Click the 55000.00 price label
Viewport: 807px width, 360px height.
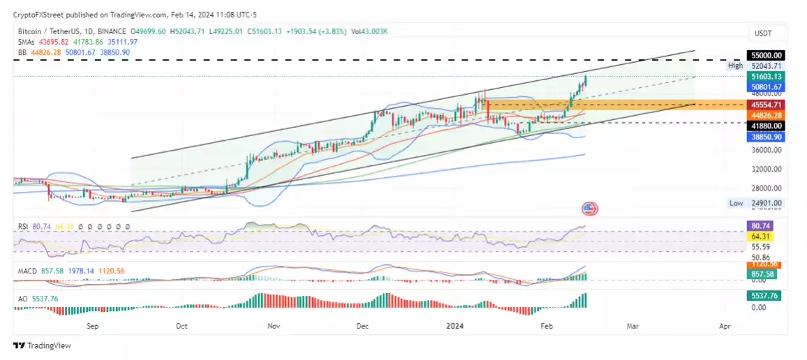(766, 55)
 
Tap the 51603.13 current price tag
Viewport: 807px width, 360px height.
(766, 76)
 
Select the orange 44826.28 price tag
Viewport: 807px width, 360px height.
(766, 114)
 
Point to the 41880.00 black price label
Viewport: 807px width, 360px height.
(766, 126)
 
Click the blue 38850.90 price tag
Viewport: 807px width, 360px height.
(766, 137)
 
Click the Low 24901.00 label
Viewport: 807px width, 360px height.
(757, 203)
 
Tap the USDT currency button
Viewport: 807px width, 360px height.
(762, 33)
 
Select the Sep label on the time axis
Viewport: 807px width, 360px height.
(92, 326)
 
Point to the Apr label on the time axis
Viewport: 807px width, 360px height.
(725, 326)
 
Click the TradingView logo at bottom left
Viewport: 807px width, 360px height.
(43, 345)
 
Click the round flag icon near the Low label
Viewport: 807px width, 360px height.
(589, 208)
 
